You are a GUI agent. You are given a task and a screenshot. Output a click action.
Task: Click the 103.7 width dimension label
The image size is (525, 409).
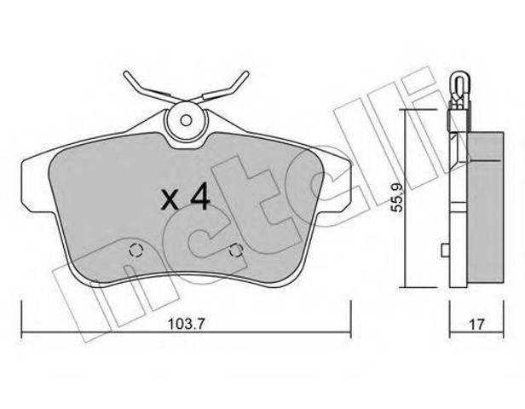[185, 324]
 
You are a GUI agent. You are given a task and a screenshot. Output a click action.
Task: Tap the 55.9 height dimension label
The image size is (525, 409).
[397, 198]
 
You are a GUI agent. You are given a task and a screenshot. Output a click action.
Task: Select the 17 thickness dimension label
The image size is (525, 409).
[476, 324]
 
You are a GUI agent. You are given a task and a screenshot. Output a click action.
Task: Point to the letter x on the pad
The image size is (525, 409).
[169, 200]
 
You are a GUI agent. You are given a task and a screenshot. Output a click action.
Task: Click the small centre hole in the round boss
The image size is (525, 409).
[186, 120]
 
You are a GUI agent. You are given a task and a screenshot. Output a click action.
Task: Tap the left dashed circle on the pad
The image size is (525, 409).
[136, 250]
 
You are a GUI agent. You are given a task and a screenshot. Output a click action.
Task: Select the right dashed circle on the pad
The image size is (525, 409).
[236, 250]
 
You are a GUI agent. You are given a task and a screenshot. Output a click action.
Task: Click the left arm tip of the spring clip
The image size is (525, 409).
[126, 74]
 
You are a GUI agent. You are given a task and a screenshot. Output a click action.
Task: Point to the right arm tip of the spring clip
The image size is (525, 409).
[246, 74]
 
